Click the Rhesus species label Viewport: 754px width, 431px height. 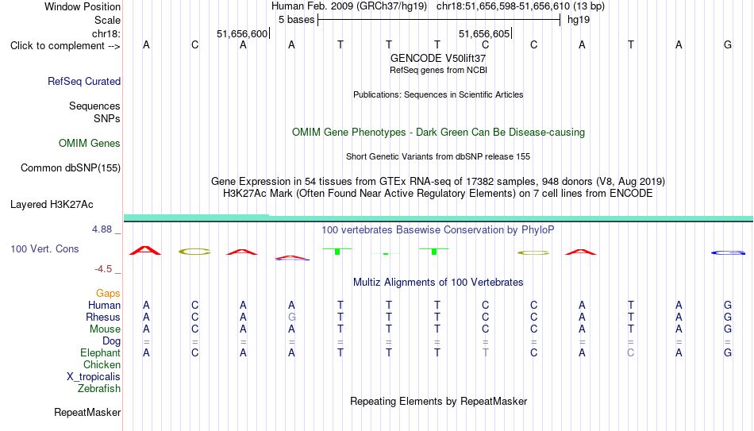point(103,317)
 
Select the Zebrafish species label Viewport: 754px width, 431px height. point(99,388)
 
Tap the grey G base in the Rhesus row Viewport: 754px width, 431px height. point(291,317)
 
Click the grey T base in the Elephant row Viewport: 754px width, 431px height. point(485,352)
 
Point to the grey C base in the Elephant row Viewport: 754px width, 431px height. point(630,352)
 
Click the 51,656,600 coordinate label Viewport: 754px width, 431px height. point(242,33)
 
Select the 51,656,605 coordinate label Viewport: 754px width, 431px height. point(484,33)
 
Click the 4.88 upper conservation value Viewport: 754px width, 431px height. point(102,229)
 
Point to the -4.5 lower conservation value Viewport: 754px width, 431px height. point(103,269)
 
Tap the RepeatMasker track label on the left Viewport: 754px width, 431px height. point(87,412)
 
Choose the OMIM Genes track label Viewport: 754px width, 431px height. point(90,144)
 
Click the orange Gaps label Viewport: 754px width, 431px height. point(108,294)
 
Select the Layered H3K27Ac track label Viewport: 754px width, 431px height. point(52,205)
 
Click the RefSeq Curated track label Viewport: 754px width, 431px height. point(84,81)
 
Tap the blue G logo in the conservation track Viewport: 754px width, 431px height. point(728,252)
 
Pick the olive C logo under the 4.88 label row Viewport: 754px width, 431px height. point(194,251)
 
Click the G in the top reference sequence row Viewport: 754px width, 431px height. point(728,44)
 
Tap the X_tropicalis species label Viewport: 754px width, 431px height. point(94,377)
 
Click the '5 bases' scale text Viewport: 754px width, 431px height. point(296,20)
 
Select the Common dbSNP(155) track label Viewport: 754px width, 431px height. point(71,168)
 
